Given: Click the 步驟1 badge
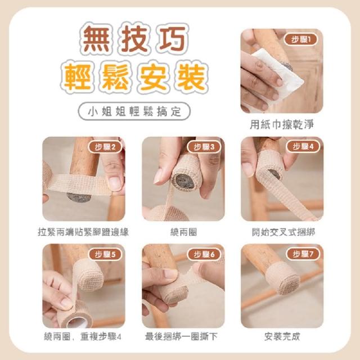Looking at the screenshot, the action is (301, 39).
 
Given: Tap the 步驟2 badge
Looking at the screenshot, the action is (105, 147).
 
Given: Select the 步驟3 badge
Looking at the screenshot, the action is (204, 147).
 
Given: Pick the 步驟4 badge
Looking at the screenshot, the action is (303, 146).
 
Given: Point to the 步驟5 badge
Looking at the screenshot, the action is (105, 254).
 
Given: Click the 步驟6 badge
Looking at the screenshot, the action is (204, 254).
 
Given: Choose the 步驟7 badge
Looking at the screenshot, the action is (303, 254).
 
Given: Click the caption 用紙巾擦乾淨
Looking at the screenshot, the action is (282, 125).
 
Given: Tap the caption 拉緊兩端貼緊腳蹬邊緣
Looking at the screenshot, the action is (83, 232).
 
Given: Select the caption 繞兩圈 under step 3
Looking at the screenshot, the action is (183, 232).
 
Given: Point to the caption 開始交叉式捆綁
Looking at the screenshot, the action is (283, 232).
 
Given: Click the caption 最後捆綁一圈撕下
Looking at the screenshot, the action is (181, 336).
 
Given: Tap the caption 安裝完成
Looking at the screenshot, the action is (282, 336).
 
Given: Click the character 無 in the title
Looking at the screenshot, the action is (96, 38).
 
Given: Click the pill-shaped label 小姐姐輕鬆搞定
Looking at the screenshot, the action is (134, 111).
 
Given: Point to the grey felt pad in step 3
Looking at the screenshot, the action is (183, 181).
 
